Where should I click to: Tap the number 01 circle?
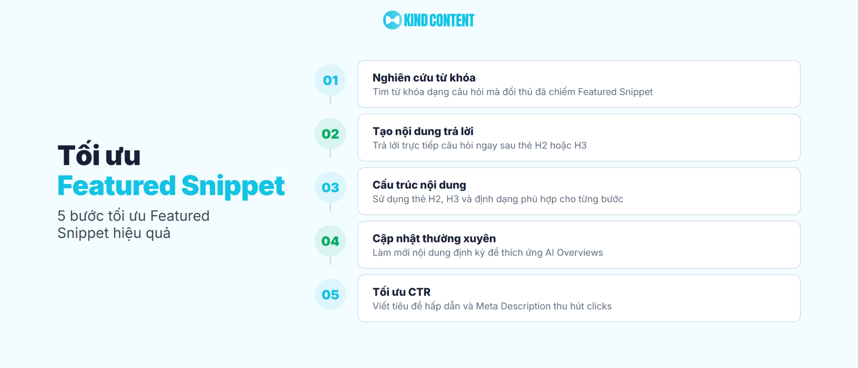point(330,80)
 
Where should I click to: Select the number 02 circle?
point(330,134)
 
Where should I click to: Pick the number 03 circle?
point(330,187)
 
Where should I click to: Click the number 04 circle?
point(330,241)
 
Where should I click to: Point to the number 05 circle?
point(330,295)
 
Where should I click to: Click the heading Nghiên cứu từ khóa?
point(424,78)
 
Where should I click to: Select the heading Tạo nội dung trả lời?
point(423,131)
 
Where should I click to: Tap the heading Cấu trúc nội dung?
point(419,185)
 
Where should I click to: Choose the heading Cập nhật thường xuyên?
point(434,238)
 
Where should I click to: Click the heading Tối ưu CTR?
point(401,292)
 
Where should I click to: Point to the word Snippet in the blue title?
point(233,186)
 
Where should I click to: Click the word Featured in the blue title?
point(116,186)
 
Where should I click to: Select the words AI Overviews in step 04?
point(574,253)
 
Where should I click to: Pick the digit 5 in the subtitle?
point(61,216)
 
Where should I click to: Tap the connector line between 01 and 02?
point(330,100)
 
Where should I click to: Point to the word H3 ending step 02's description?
point(580,145)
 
